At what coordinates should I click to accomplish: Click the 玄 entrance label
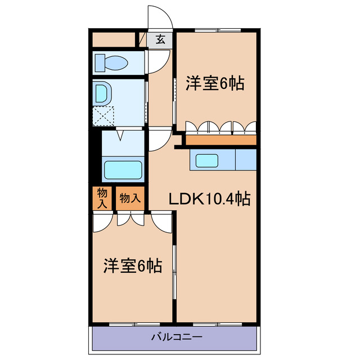click(x=161, y=40)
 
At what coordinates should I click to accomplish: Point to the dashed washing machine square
click(x=103, y=117)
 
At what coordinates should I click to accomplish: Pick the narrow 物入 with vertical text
click(x=102, y=199)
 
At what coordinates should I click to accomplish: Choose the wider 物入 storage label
click(x=130, y=199)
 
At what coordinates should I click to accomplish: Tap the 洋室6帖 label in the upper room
click(x=215, y=84)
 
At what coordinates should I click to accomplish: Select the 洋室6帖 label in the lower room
click(x=133, y=265)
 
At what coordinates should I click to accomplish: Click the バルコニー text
click(x=176, y=337)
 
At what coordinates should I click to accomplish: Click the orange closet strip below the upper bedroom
click(x=220, y=139)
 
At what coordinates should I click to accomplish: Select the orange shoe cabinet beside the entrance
click(x=114, y=40)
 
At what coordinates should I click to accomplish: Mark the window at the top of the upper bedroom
click(x=218, y=30)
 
